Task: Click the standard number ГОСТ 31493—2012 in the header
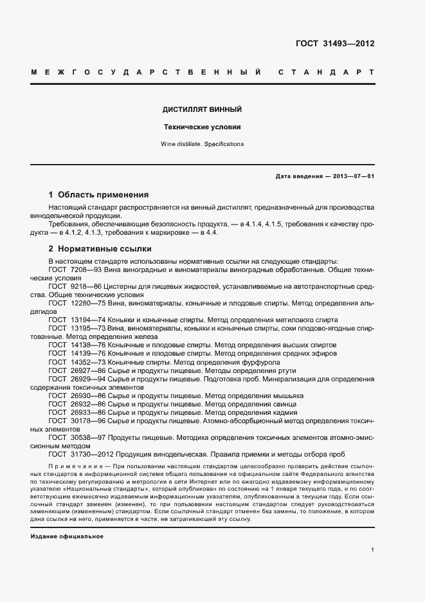point(334,44)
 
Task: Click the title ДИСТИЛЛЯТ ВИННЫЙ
point(202,110)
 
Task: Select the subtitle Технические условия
point(202,127)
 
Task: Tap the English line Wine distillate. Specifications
point(202,144)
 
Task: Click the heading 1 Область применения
point(99,194)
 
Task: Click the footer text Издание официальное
point(67,536)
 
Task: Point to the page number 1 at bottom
point(372,550)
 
